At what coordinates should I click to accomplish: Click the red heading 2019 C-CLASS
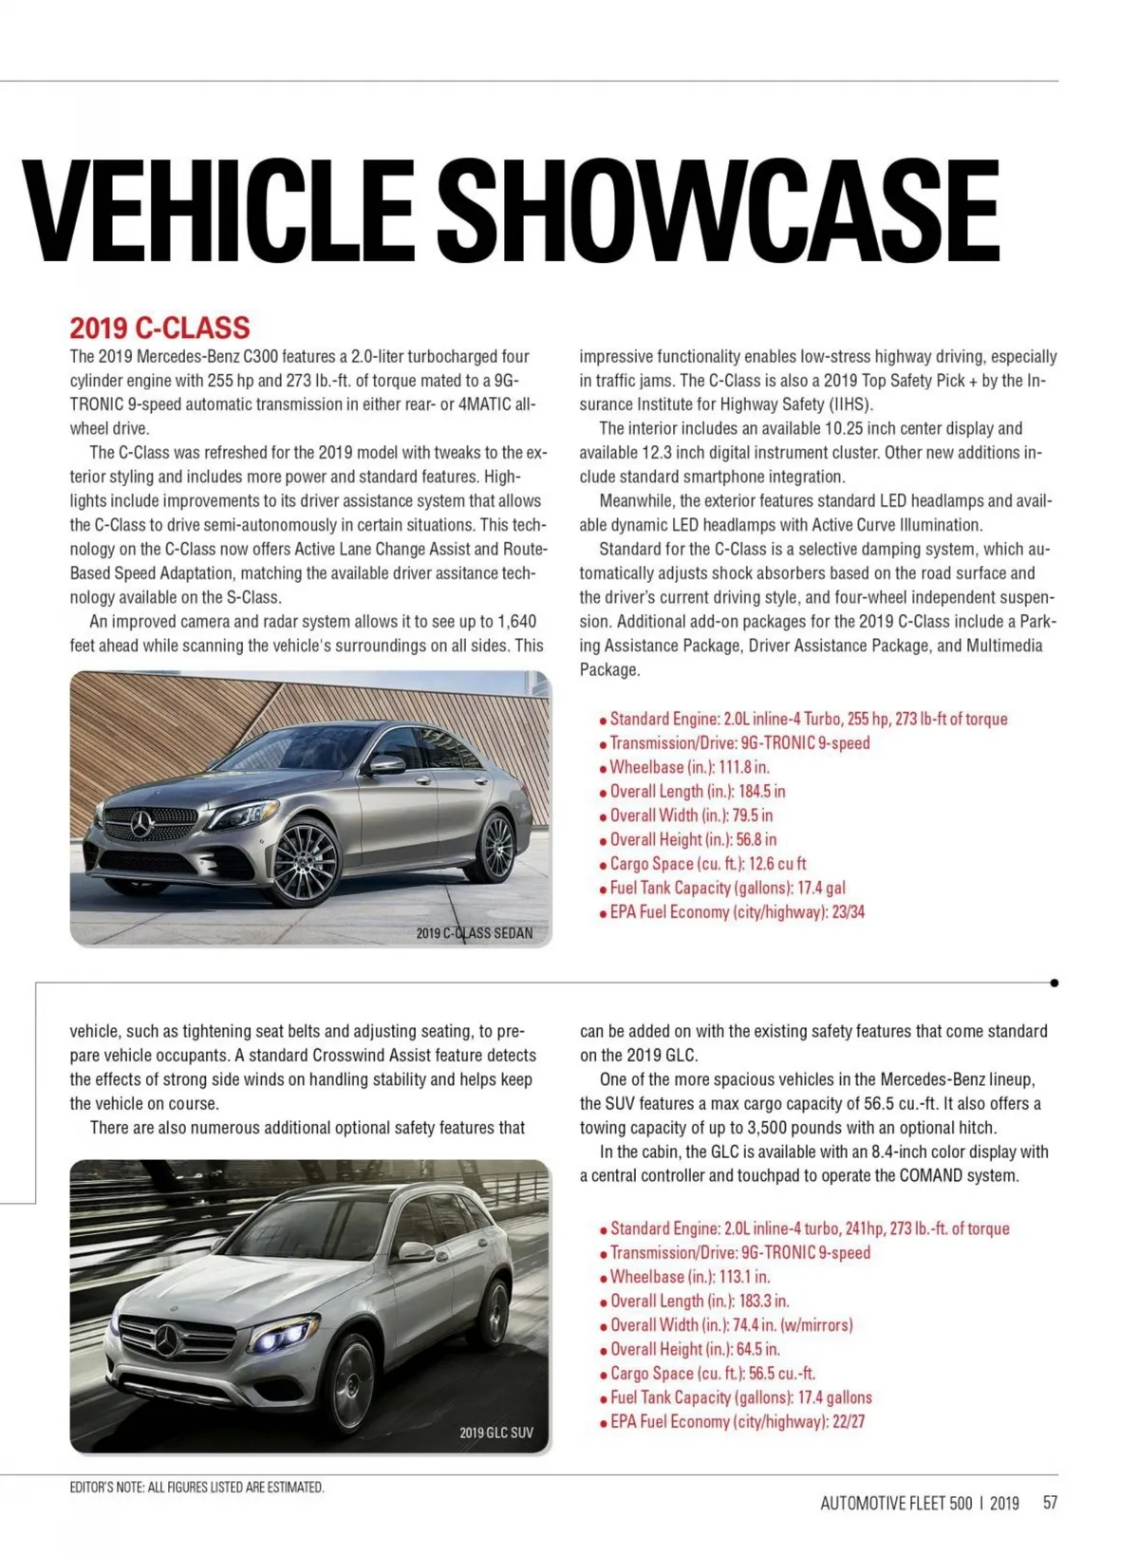[159, 328]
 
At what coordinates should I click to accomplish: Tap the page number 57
[1050, 1503]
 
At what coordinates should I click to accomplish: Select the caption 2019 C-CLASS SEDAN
[475, 933]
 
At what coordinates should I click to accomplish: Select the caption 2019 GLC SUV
[496, 1433]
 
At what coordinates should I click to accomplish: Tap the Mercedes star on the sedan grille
[141, 825]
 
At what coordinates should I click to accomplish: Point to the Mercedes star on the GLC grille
[168, 1340]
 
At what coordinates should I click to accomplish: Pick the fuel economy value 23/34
[848, 912]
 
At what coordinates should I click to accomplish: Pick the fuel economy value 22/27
[848, 1422]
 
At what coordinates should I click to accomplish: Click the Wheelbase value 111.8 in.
[744, 767]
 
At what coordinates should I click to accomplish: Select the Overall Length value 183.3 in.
[764, 1302]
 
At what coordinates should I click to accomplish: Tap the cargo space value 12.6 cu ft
[777, 864]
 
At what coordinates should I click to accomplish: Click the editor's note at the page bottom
[197, 1488]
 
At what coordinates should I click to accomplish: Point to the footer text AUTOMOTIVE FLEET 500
[896, 1503]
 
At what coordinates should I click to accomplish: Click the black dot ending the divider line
[1055, 984]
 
